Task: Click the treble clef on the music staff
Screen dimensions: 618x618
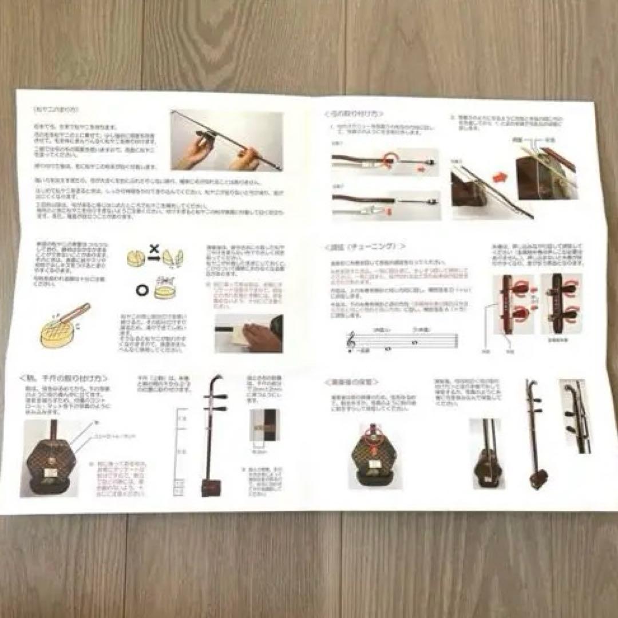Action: click(351, 341)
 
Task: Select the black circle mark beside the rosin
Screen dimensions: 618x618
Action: click(141, 291)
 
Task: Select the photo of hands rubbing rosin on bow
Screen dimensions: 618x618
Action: click(227, 140)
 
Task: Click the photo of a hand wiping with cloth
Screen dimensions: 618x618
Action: click(248, 332)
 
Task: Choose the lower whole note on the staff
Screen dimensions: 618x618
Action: click(389, 348)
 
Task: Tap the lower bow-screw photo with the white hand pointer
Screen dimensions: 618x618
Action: click(386, 205)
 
